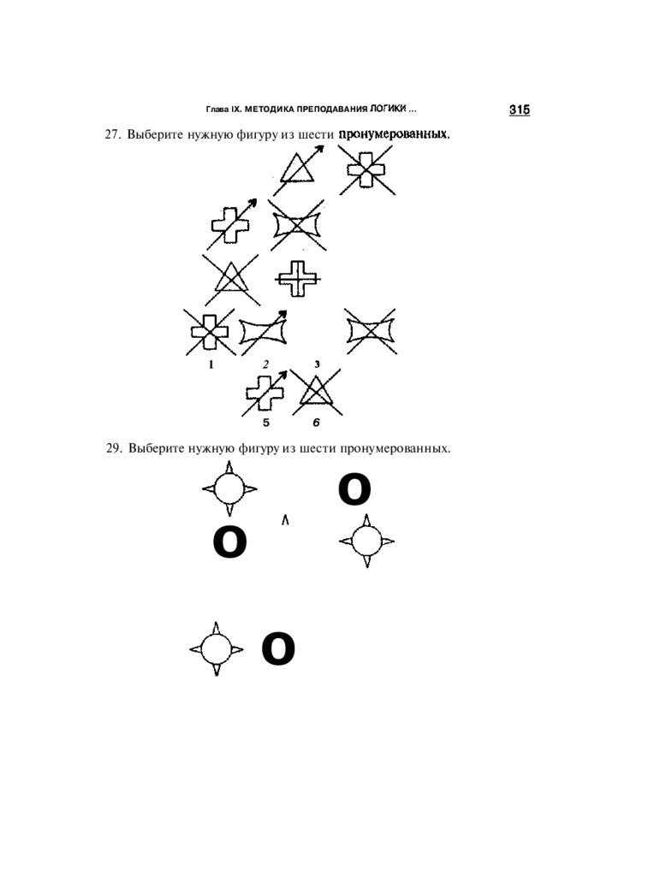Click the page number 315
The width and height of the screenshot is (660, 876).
(520, 109)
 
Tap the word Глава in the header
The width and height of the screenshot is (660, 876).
(218, 110)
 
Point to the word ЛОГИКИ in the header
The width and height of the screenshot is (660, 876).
(388, 110)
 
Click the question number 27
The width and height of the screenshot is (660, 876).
(112, 135)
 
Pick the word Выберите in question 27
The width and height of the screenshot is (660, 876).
(151, 135)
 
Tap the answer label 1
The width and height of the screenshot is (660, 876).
(210, 364)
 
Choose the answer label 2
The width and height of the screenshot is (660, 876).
(265, 364)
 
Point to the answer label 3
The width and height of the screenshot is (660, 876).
(318, 364)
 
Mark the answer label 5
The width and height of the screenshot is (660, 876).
(265, 423)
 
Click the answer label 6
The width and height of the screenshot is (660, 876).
(316, 423)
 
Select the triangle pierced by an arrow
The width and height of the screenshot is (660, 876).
(299, 168)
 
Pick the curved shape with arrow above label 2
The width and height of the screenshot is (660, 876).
(265, 332)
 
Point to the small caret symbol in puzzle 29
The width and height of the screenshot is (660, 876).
(285, 518)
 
